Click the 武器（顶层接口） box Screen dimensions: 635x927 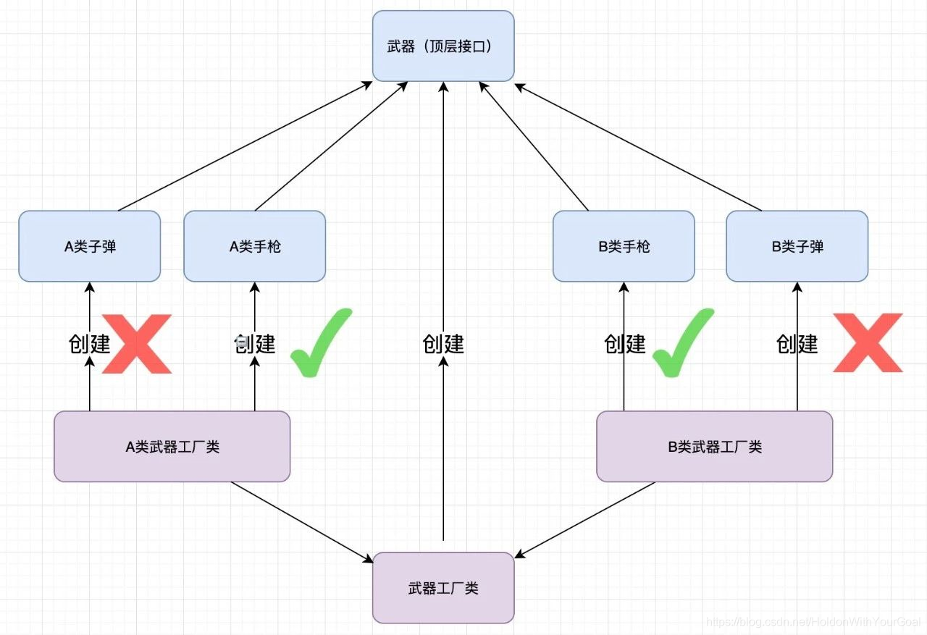(x=443, y=46)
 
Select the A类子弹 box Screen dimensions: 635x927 (x=89, y=246)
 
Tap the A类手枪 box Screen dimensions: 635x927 (x=254, y=246)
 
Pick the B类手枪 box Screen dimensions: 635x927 (x=624, y=246)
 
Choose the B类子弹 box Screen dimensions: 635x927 (x=797, y=246)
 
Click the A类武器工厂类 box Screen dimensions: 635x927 (x=172, y=446)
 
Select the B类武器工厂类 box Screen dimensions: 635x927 (x=714, y=446)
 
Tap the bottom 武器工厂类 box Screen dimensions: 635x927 (x=443, y=587)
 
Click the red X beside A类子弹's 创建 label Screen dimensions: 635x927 (x=137, y=344)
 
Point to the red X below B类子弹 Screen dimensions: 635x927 (x=868, y=342)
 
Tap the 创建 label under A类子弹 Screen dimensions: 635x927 (x=89, y=343)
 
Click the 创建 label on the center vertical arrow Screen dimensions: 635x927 (x=443, y=343)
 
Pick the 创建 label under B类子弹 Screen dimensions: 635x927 (x=797, y=343)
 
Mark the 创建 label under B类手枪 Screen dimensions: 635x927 (x=624, y=343)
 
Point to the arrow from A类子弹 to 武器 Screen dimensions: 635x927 (x=246, y=146)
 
